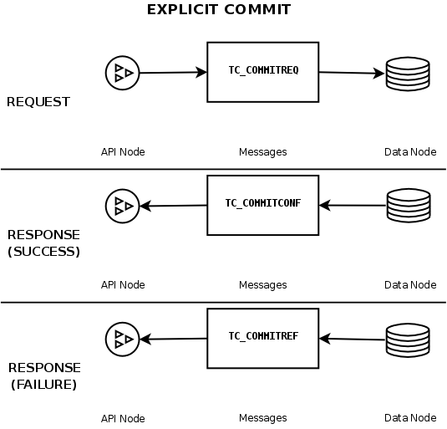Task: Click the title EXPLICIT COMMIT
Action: [219, 10]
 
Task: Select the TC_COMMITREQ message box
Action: [263, 71]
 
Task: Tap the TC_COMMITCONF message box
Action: [263, 203]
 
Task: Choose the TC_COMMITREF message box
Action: [263, 337]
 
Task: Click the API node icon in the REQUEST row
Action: [122, 74]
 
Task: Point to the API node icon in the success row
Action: [122, 206]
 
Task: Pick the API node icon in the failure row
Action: [122, 339]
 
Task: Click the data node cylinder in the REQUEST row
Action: [408, 74]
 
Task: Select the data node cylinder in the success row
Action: [408, 206]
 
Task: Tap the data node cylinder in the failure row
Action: [408, 339]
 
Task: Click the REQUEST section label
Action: [38, 103]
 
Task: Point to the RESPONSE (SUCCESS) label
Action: [43, 243]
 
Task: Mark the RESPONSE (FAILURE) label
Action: [43, 376]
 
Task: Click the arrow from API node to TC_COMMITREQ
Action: [172, 73]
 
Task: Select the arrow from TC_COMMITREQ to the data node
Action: [351, 73]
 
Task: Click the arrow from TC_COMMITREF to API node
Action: [173, 339]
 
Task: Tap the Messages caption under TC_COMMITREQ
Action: [262, 152]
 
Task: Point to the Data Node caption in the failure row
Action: [409, 418]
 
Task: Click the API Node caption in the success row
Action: [123, 285]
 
